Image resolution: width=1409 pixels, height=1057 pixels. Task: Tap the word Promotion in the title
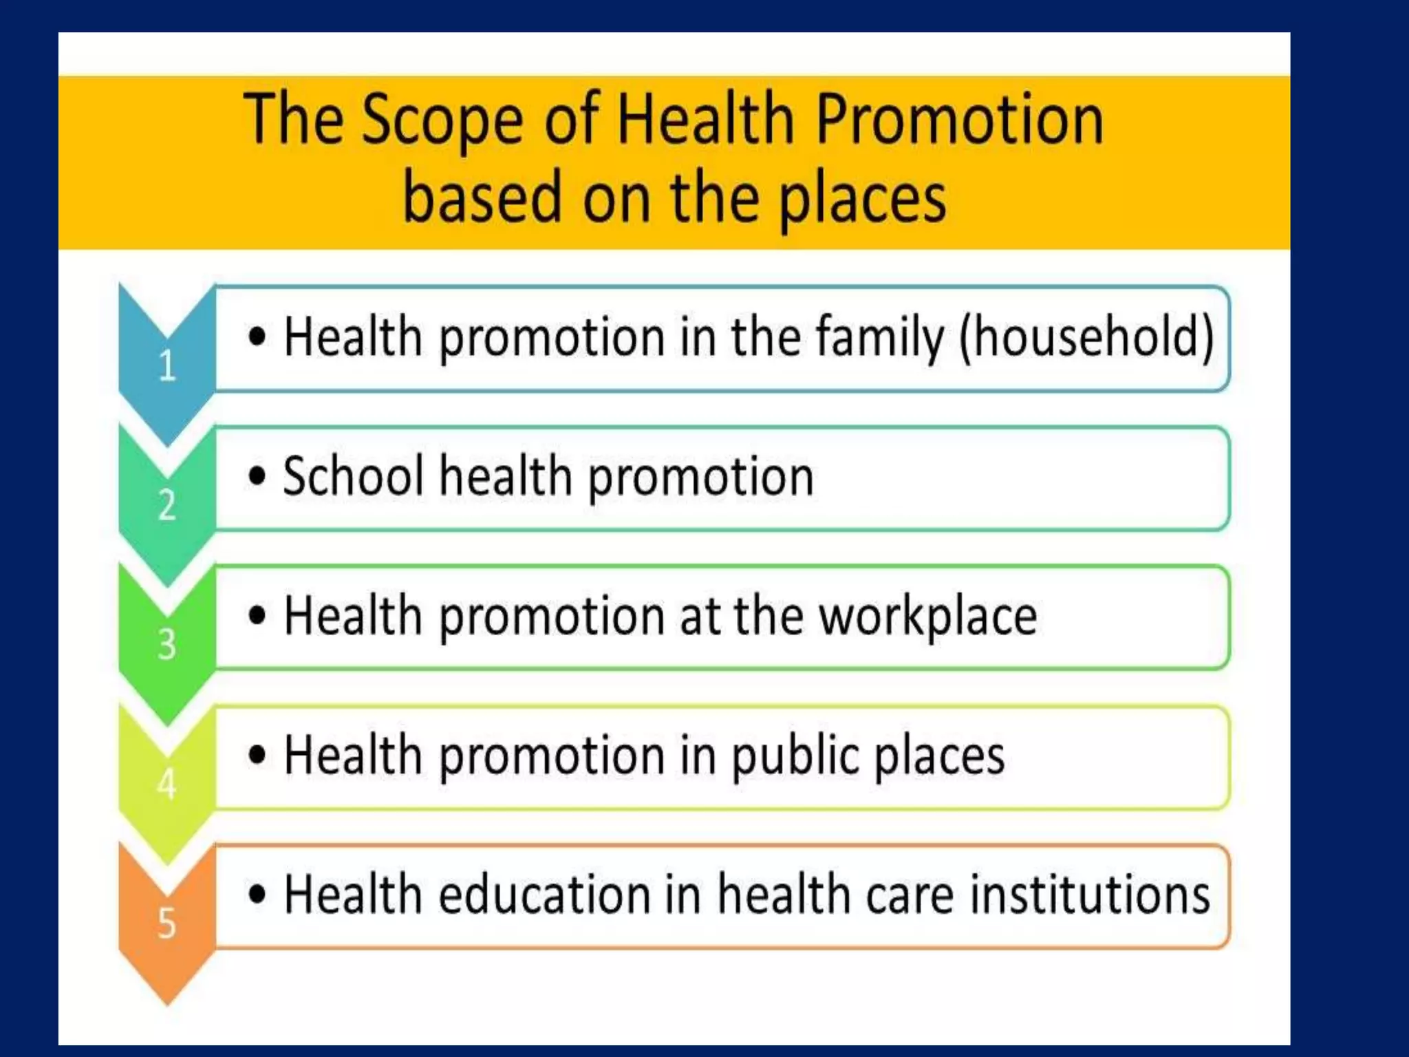point(959,121)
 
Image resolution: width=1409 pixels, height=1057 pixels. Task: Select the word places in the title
point(863,200)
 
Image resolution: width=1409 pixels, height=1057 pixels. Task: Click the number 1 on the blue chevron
point(167,365)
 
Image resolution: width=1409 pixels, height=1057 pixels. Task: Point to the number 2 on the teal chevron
point(167,505)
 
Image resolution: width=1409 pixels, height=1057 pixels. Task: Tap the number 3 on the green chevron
point(167,645)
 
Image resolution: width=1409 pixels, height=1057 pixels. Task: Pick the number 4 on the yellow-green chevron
point(167,784)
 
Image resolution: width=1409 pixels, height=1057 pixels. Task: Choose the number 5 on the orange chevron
point(167,923)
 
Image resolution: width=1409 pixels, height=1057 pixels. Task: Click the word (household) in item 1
point(1086,337)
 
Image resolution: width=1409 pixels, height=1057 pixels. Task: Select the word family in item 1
point(880,337)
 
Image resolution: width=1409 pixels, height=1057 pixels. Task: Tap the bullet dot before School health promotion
point(257,476)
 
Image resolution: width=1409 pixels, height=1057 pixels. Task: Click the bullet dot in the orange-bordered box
point(257,894)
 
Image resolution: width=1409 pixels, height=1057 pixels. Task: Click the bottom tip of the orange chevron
point(167,1003)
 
